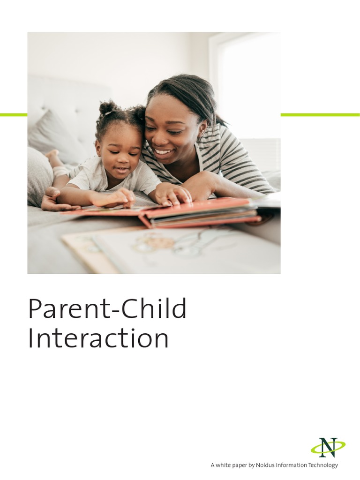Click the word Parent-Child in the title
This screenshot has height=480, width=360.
tap(107, 309)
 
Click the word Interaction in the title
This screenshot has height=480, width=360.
tap(98, 338)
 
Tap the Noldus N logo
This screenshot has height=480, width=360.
tap(328, 447)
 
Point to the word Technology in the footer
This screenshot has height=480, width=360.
tap(321, 465)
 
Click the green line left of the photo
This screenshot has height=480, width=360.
tap(14, 115)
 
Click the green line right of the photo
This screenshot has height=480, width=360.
tap(320, 115)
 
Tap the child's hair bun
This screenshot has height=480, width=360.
tap(107, 109)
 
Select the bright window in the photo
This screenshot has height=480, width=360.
tap(248, 84)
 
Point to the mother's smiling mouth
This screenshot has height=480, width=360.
tap(163, 151)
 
